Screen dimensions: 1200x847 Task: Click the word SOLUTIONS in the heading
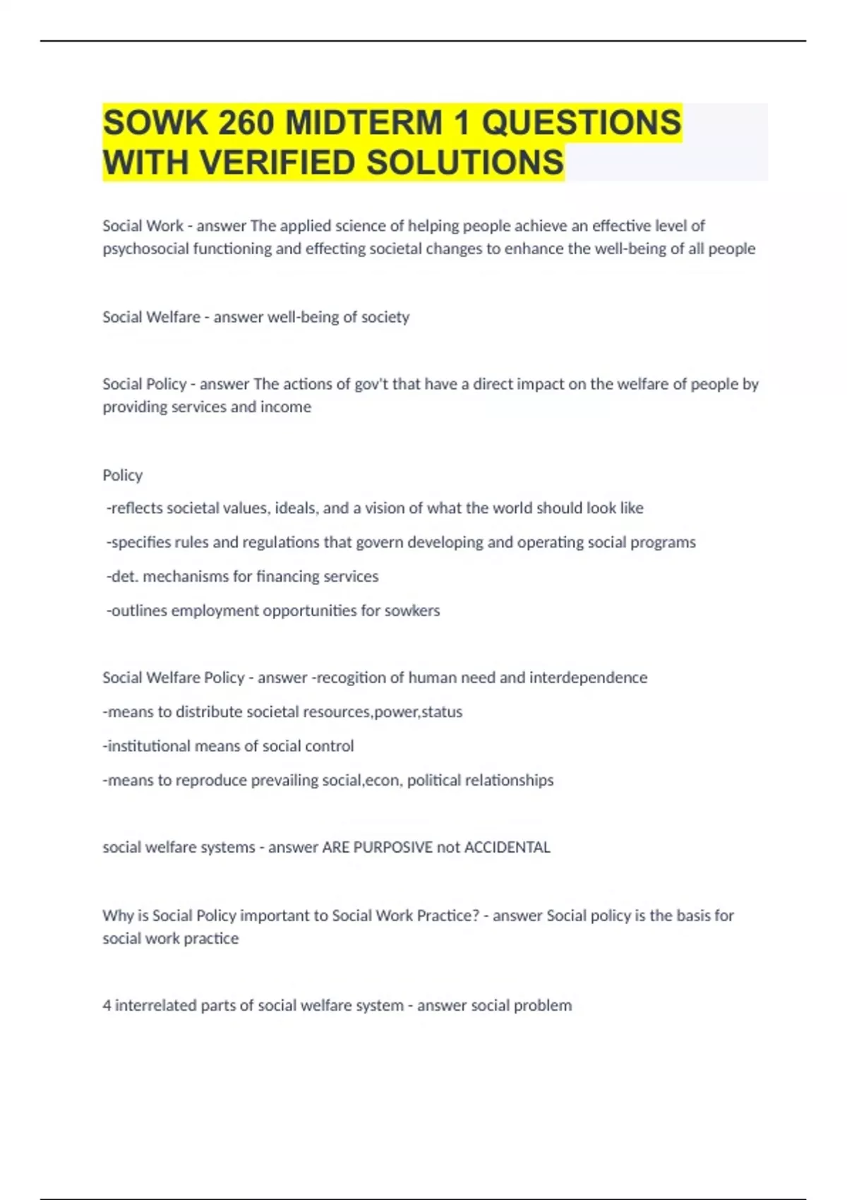pyautogui.click(x=465, y=162)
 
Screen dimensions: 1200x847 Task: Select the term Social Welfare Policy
pyautogui.click(x=173, y=678)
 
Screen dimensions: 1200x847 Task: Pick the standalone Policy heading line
pyautogui.click(x=122, y=475)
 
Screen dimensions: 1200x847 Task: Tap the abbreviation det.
pyautogui.click(x=122, y=577)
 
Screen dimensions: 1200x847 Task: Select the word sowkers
pyautogui.click(x=412, y=611)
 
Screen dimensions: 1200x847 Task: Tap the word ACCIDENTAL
pyautogui.click(x=507, y=847)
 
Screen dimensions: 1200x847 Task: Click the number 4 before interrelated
pyautogui.click(x=107, y=1005)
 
